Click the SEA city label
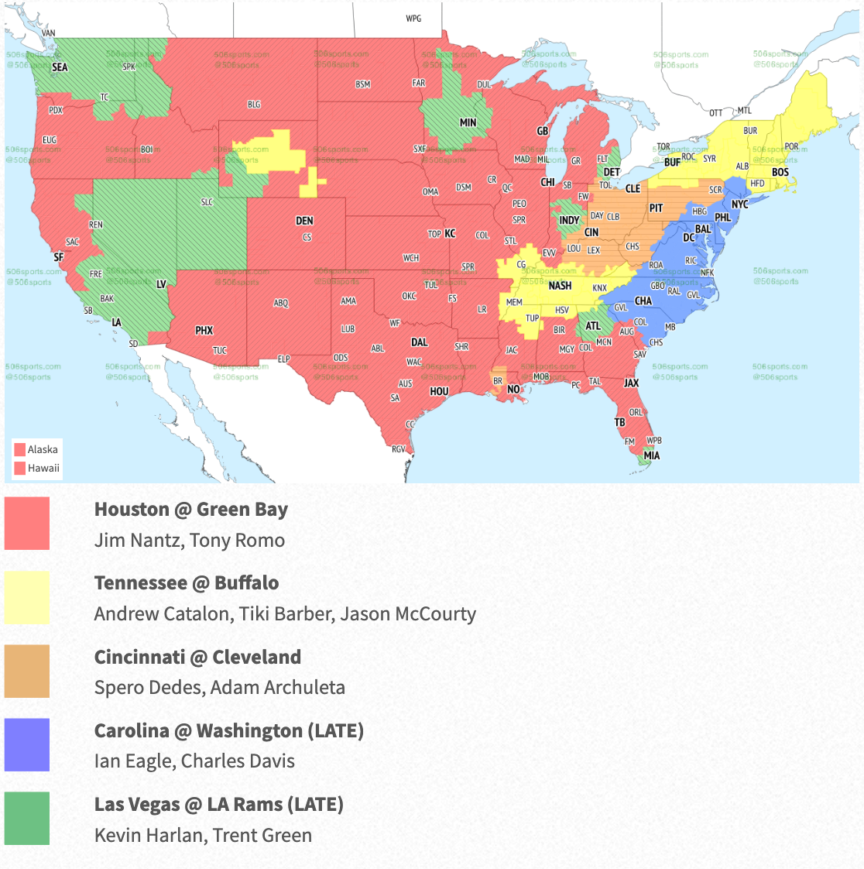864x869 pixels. pyautogui.click(x=60, y=67)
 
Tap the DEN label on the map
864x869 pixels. pyautogui.click(x=304, y=221)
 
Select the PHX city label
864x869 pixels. pyautogui.click(x=204, y=331)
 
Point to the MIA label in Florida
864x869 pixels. pyautogui.click(x=653, y=455)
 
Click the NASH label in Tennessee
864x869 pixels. pyautogui.click(x=560, y=286)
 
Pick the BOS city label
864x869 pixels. pyautogui.click(x=780, y=172)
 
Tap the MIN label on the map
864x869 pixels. pyautogui.click(x=468, y=122)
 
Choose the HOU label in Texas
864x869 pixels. pyautogui.click(x=439, y=391)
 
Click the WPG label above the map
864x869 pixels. pyautogui.click(x=413, y=19)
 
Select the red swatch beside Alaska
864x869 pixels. pyautogui.click(x=19, y=449)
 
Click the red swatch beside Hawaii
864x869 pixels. pyautogui.click(x=19, y=468)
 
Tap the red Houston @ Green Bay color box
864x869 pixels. pyautogui.click(x=27, y=524)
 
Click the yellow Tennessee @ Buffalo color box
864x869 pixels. pyautogui.click(x=27, y=597)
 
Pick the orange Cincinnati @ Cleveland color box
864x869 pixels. pyautogui.click(x=27, y=671)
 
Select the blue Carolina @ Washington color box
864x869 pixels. pyautogui.click(x=27, y=744)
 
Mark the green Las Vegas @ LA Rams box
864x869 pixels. pyautogui.click(x=27, y=818)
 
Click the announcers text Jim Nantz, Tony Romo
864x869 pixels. pyautogui.click(x=190, y=541)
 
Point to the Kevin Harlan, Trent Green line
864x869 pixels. pyautogui.click(x=203, y=836)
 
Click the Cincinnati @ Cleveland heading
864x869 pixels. pyautogui.click(x=197, y=657)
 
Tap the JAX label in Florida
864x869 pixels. pyautogui.click(x=632, y=383)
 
